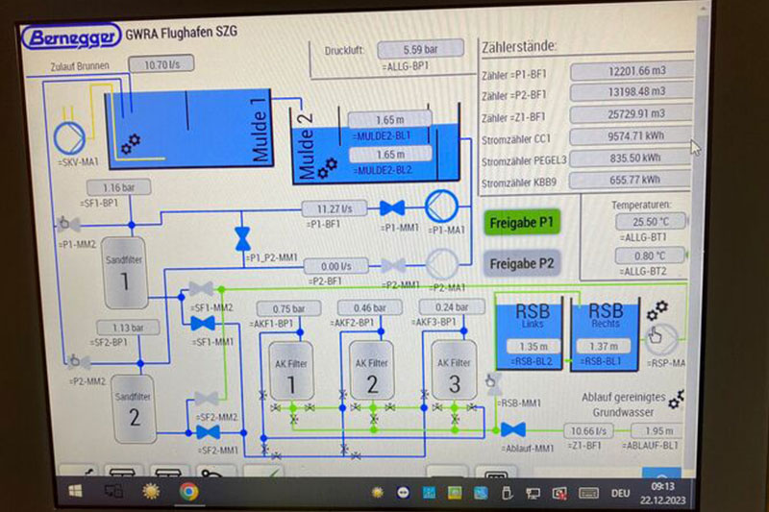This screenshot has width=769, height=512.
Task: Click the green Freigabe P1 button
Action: click(522, 222)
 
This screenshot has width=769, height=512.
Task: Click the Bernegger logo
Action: click(68, 37)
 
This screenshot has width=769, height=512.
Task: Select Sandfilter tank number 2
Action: click(135, 406)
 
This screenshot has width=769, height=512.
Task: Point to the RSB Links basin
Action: click(532, 331)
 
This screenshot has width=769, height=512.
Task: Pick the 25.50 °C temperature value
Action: click(649, 222)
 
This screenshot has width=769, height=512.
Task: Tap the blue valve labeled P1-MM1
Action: click(391, 207)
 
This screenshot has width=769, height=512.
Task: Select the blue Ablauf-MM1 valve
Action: click(513, 429)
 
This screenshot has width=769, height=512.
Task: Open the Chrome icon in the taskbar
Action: click(188, 492)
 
